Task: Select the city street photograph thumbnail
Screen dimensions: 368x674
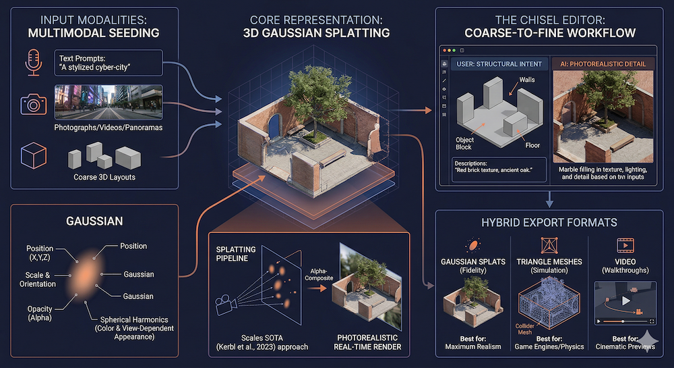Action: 108,102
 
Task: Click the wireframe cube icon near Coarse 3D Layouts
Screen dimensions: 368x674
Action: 32,157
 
